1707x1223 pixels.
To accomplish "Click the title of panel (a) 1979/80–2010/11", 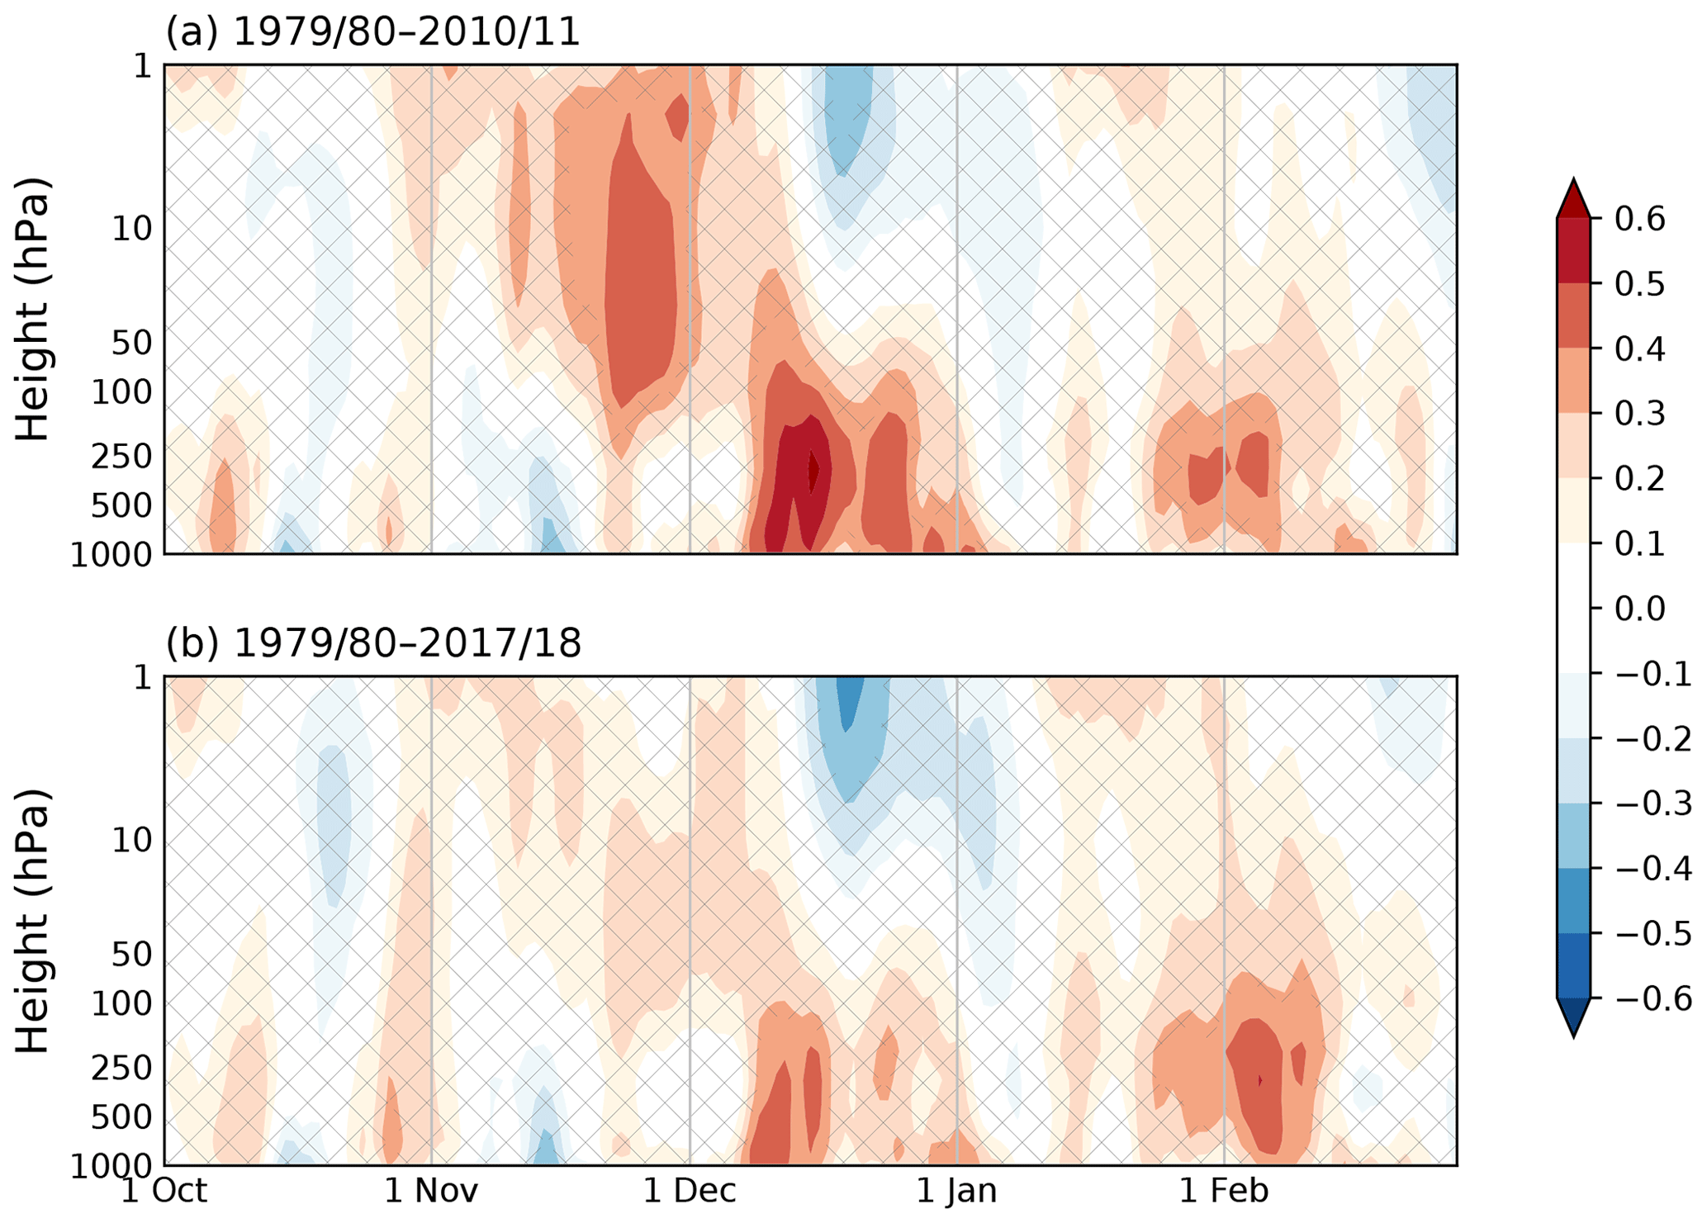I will [373, 31].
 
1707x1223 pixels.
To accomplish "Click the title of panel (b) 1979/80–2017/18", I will [373, 642].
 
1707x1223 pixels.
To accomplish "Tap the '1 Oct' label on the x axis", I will [164, 1191].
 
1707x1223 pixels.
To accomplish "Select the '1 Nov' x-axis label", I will [431, 1191].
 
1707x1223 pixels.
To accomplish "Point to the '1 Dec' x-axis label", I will [690, 1191].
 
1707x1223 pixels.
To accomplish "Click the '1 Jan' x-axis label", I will [956, 1191].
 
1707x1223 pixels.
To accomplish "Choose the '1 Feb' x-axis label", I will [1223, 1191].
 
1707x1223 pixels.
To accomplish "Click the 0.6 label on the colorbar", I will [1640, 220].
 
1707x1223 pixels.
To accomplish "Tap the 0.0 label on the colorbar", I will [1640, 609].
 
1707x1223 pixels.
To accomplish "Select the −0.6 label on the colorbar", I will [1650, 999].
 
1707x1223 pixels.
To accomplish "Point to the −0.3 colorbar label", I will [1650, 804].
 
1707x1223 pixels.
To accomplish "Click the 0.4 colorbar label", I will [1640, 349].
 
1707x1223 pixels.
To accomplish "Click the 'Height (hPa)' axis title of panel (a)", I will [33, 309].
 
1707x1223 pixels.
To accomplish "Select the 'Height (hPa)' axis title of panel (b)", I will [33, 921].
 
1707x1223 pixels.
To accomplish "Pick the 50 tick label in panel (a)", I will [131, 343].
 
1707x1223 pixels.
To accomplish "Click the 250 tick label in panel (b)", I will [121, 1069].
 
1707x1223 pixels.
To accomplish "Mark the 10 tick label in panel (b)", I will [131, 841].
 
